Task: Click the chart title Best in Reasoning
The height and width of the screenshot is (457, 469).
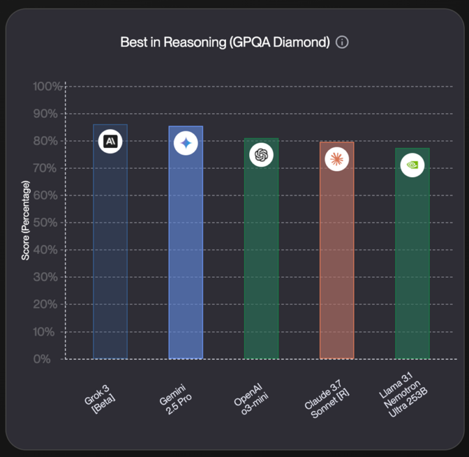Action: click(x=225, y=42)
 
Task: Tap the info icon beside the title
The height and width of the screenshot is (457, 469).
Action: click(x=342, y=42)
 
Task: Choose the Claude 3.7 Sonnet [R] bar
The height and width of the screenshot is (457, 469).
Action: click(x=336, y=257)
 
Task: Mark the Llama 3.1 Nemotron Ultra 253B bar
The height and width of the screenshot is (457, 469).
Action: click(x=412, y=257)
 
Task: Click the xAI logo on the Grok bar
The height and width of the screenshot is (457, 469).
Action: click(x=111, y=142)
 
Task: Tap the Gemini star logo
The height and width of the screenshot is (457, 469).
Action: click(x=186, y=144)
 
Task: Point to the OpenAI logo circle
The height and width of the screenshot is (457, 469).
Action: click(x=261, y=155)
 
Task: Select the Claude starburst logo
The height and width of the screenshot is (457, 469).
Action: click(x=336, y=159)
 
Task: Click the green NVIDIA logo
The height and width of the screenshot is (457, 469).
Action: click(x=412, y=165)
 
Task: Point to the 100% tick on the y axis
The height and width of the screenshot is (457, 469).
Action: click(x=48, y=87)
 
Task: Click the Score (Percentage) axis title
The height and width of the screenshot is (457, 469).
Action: click(x=25, y=220)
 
